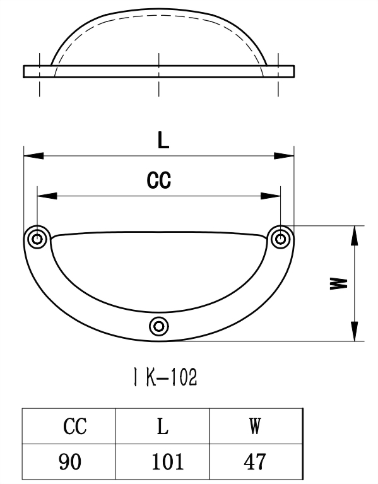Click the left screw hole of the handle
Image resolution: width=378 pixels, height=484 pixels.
[38, 239]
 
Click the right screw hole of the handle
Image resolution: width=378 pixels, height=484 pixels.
[280, 238]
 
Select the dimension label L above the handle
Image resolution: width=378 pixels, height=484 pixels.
[163, 141]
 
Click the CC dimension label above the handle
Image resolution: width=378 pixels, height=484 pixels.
[159, 181]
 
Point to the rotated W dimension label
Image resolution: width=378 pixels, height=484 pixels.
[339, 283]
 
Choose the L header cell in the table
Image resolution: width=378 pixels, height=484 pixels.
[162, 427]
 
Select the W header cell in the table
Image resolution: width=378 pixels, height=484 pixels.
[255, 427]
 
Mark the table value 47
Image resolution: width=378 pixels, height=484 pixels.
[255, 462]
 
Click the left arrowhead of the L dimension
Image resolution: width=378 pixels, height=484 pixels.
[32, 155]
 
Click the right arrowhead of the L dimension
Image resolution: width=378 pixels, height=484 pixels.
[286, 155]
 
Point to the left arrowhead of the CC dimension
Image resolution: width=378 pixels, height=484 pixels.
[45, 196]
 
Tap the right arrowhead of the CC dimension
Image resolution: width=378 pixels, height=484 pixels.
[272, 196]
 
